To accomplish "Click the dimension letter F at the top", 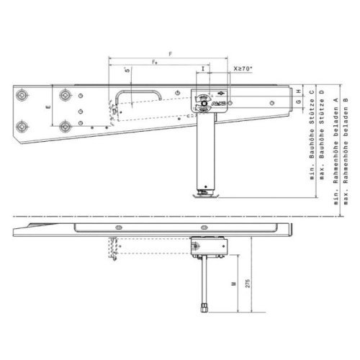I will (169, 54).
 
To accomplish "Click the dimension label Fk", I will (155, 65).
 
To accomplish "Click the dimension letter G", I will (297, 103).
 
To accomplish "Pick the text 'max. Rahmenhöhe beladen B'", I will (346, 148).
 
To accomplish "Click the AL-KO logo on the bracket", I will (214, 104).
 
